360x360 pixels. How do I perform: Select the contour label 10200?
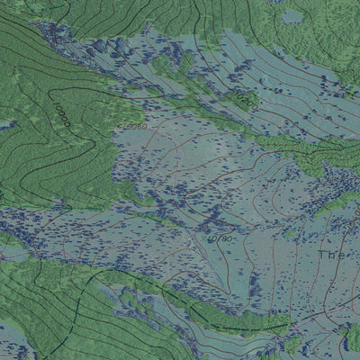245,101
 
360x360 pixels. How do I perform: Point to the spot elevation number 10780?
220,239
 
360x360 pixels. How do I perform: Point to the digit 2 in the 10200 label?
240,97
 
